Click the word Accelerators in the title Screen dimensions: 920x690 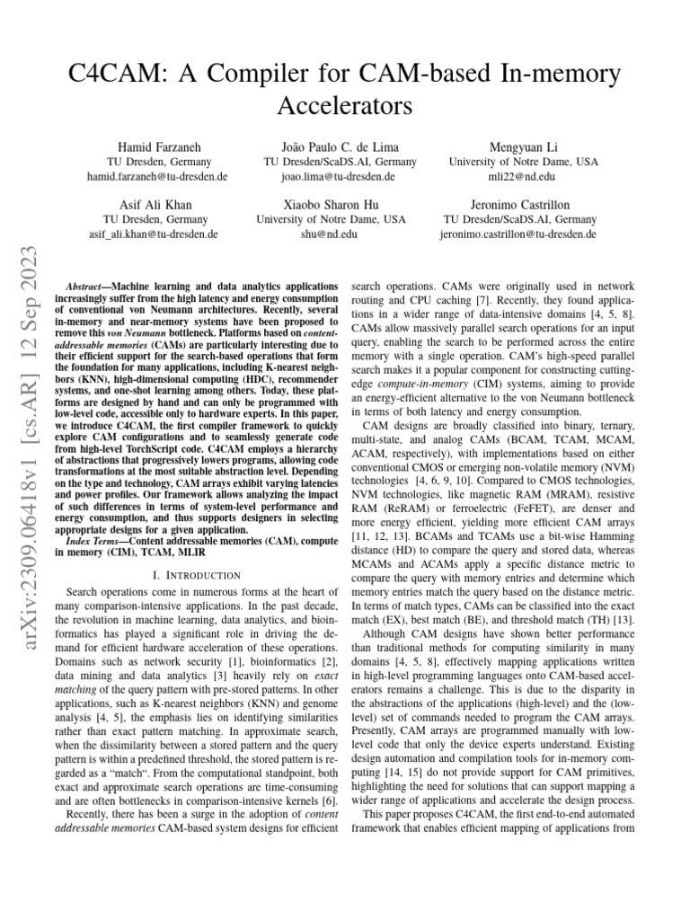pos(344,107)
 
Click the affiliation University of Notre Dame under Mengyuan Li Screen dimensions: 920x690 pos(523,162)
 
